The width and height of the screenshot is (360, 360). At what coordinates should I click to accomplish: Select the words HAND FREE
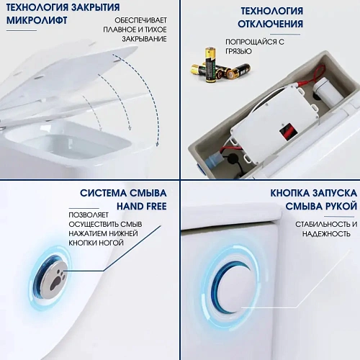[x=143, y=207]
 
